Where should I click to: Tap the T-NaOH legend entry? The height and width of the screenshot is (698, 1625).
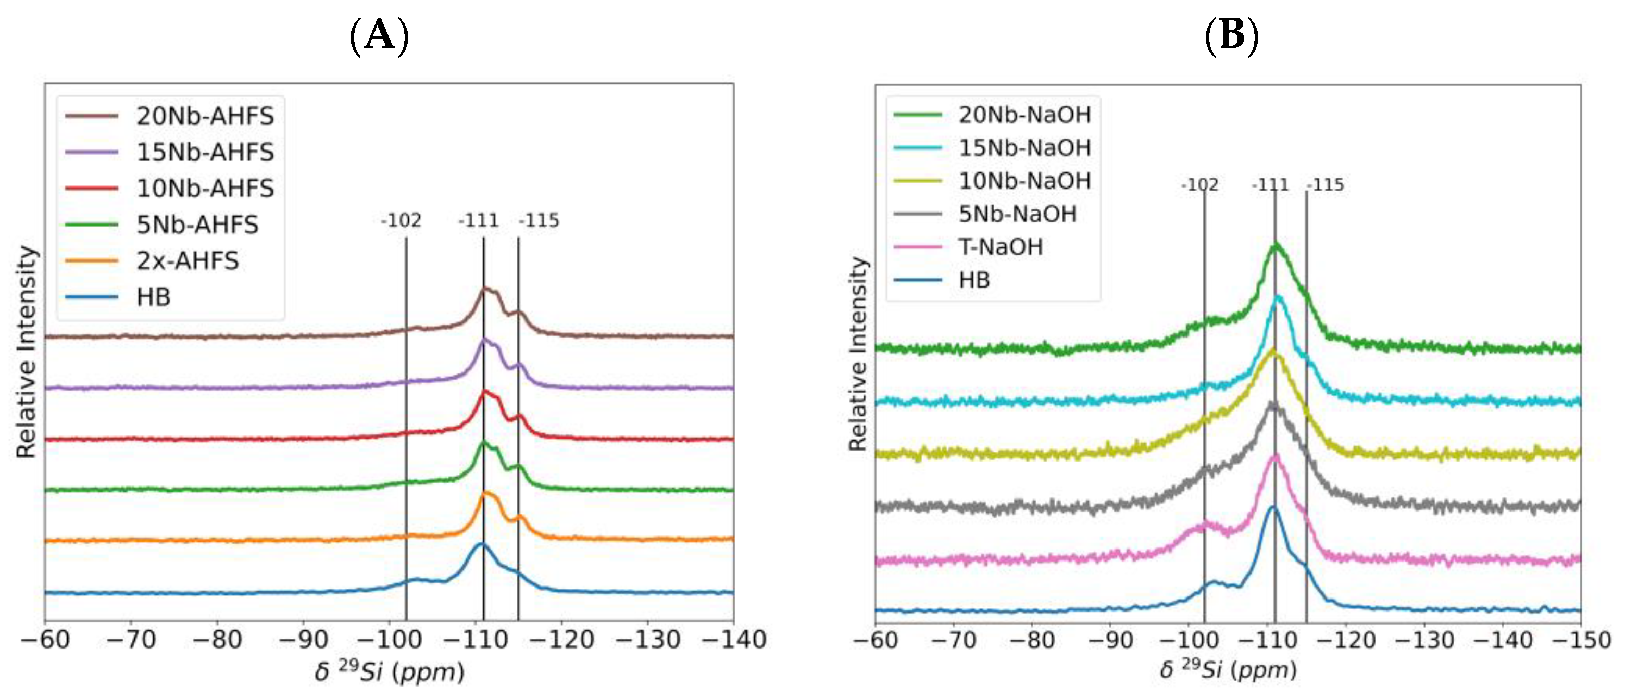[x=1001, y=247]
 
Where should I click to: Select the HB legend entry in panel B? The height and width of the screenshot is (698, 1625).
[x=974, y=280]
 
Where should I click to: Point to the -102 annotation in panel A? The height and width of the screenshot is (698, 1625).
[x=401, y=220]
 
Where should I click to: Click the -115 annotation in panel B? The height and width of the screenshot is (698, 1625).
[x=1326, y=185]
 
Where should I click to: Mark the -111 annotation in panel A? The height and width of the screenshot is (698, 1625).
[x=479, y=220]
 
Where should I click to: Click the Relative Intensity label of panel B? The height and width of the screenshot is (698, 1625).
[x=858, y=353]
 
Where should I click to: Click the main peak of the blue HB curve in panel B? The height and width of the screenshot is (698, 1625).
[x=1272, y=507]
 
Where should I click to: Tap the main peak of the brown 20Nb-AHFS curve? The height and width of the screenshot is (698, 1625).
[x=485, y=289]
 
